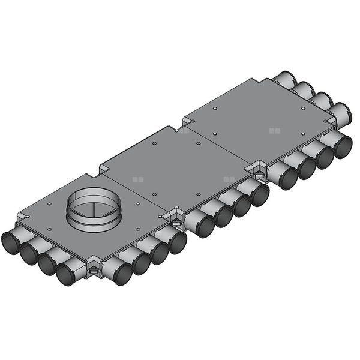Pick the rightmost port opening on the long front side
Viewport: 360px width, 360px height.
343,146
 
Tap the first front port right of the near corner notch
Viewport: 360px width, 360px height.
121,274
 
